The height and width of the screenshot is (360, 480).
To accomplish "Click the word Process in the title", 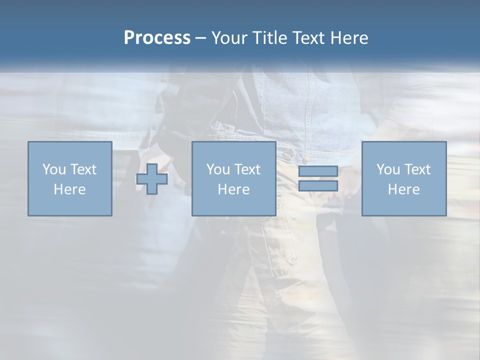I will click(x=157, y=38).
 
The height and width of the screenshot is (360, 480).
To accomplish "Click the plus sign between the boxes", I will click(x=152, y=179).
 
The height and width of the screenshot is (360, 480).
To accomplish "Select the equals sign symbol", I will click(x=318, y=179).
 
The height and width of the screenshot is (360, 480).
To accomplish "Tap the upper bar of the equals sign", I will click(x=318, y=171).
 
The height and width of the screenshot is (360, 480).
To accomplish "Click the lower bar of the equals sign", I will click(x=318, y=186).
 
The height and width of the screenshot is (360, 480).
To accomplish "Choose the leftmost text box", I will click(x=69, y=178).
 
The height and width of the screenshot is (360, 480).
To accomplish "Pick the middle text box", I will click(x=233, y=178).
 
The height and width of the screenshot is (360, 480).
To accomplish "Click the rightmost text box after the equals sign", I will click(x=403, y=178).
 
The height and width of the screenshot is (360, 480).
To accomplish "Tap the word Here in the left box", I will click(x=69, y=189).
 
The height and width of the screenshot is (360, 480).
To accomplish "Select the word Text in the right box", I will click(x=417, y=169).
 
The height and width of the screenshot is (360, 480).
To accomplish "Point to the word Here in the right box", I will click(x=403, y=189).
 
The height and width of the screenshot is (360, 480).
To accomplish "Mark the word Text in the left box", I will click(x=83, y=169).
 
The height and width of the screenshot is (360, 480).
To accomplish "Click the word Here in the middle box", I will click(x=233, y=189).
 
